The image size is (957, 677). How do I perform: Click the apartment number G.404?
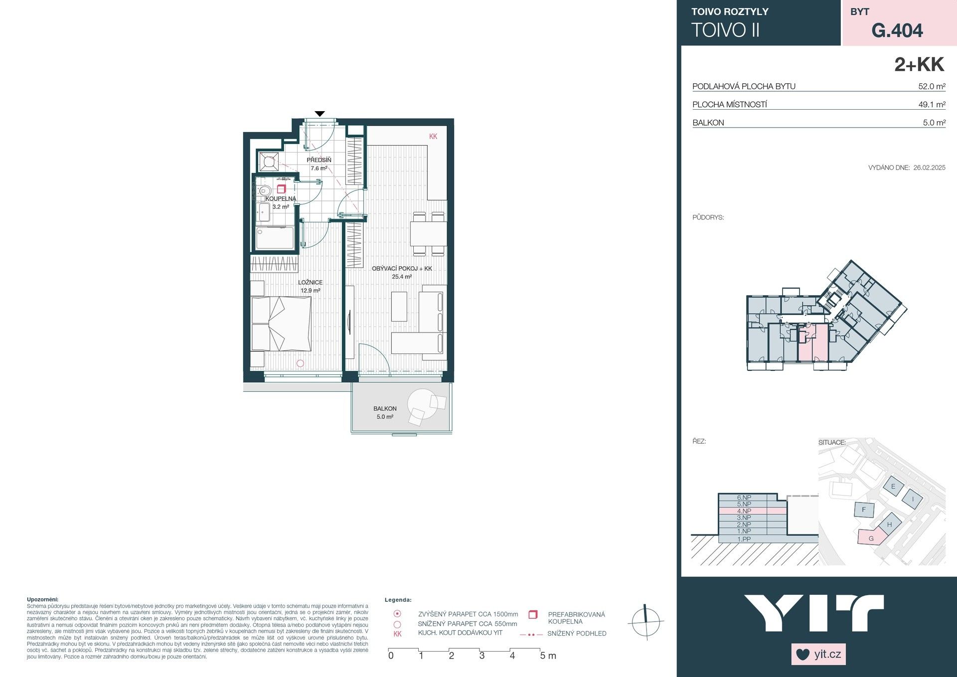point(897,30)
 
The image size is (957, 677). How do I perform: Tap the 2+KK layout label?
point(919,65)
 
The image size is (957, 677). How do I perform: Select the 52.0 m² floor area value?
point(931,86)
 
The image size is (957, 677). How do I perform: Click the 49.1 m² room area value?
point(931,105)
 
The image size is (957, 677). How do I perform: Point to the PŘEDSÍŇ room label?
point(319,160)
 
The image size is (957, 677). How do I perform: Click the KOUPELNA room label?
point(281,198)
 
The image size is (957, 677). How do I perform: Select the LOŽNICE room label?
point(310,282)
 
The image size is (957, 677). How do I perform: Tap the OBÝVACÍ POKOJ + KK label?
point(402,268)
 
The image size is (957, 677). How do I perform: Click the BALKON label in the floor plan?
point(385,408)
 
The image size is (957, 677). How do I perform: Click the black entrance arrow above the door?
point(320,114)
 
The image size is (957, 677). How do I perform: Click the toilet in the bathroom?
point(264,190)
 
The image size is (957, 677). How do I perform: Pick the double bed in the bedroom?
point(281,324)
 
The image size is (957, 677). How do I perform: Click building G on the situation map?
point(871,538)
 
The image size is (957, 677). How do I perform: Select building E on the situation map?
point(893,487)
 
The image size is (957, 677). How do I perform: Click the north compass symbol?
point(645,622)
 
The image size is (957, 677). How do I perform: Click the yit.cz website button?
point(818,654)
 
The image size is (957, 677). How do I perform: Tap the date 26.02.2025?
point(929,168)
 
